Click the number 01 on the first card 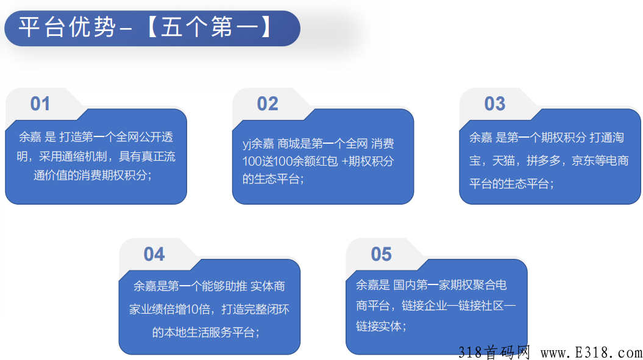click(40, 104)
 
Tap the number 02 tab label click(268, 104)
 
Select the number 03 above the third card click(494, 104)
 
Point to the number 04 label click(154, 254)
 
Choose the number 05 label click(382, 254)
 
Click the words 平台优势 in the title click(67, 27)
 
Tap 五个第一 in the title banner click(210, 27)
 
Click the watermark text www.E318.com click(591, 353)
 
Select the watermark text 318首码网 click(494, 353)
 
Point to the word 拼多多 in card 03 click(544, 160)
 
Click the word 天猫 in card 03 click(503, 160)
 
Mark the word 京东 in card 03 click(583, 160)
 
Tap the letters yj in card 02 click(246, 144)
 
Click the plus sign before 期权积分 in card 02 click(344, 161)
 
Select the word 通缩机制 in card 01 click(85, 156)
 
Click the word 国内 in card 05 click(404, 284)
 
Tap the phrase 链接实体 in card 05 click(378, 326)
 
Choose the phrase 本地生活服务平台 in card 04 click(204, 332)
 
